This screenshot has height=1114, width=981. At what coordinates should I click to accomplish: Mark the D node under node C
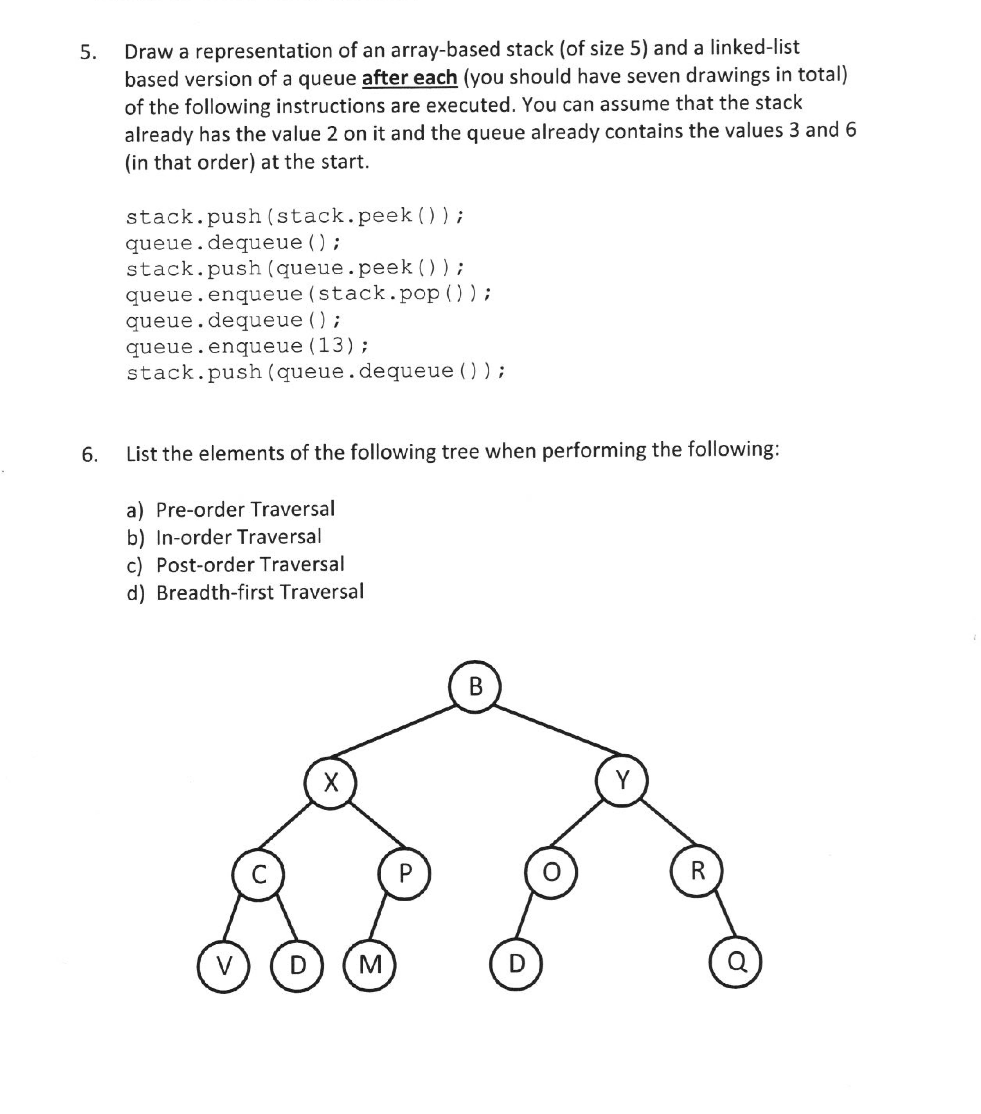[x=297, y=965]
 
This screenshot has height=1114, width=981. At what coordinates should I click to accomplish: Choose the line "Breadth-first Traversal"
[x=259, y=592]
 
